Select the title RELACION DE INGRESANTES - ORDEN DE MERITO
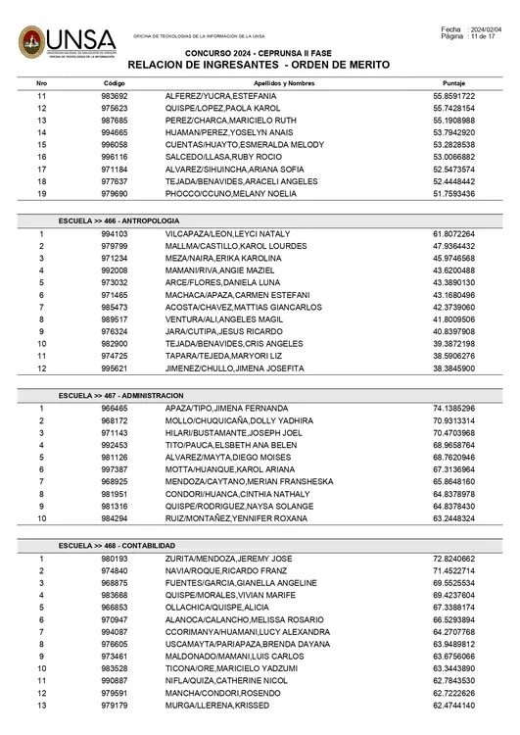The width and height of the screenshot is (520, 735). (259, 65)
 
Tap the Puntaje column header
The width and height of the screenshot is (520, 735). (453, 84)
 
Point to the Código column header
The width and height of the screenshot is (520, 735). (115, 84)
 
